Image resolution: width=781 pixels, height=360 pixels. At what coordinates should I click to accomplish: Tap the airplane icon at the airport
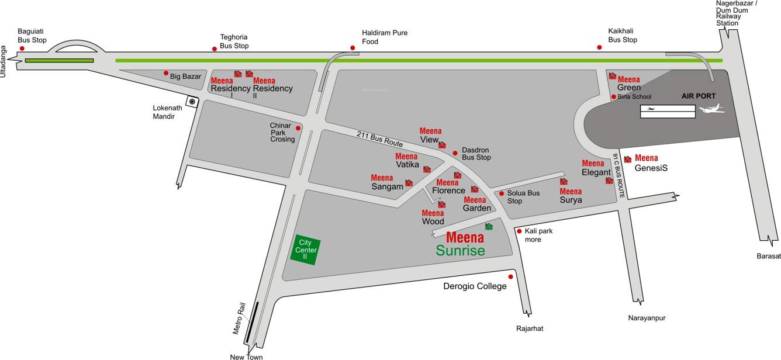pyautogui.click(x=711, y=109)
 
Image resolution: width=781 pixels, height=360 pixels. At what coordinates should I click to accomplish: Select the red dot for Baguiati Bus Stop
pyautogui.click(x=22, y=48)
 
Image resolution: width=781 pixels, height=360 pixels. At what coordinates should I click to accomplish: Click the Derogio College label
pyautogui.click(x=475, y=286)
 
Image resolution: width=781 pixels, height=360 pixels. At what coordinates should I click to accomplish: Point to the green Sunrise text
pyautogui.click(x=460, y=251)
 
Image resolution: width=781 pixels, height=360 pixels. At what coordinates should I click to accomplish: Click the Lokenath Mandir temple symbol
pyautogui.click(x=192, y=102)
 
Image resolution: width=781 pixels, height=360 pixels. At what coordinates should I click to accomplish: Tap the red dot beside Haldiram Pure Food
pyautogui.click(x=353, y=48)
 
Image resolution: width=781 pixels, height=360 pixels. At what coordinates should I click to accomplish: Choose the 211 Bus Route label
pyautogui.click(x=380, y=139)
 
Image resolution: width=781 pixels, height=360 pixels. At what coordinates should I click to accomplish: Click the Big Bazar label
pyautogui.click(x=185, y=76)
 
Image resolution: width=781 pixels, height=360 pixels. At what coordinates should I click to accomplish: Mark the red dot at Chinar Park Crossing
pyautogui.click(x=298, y=128)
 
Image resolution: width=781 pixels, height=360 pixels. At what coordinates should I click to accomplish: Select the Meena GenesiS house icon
pyautogui.click(x=627, y=159)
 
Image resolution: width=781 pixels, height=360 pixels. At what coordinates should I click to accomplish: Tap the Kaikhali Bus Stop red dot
pyautogui.click(x=599, y=47)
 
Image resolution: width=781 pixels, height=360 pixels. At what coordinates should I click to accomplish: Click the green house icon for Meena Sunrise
pyautogui.click(x=489, y=227)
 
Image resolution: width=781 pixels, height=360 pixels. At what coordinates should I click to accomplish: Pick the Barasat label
pyautogui.click(x=768, y=256)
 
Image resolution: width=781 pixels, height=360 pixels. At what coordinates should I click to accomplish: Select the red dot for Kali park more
pyautogui.click(x=519, y=231)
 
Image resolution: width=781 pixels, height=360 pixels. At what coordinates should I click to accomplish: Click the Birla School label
pyautogui.click(x=634, y=97)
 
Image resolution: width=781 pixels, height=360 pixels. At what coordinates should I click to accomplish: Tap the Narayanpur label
pyautogui.click(x=647, y=318)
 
